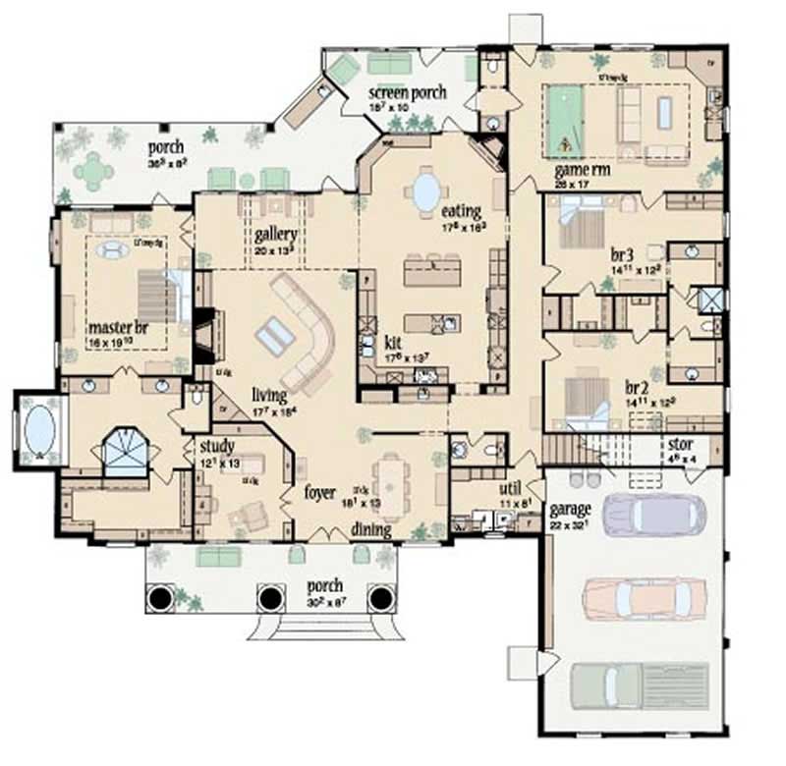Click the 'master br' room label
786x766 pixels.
pyautogui.click(x=110, y=326)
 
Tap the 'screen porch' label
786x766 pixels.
pyautogui.click(x=408, y=93)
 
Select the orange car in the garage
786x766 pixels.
pyautogui.click(x=644, y=595)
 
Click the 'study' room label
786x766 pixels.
pyautogui.click(x=215, y=447)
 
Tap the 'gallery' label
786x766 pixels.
pyautogui.click(x=276, y=236)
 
